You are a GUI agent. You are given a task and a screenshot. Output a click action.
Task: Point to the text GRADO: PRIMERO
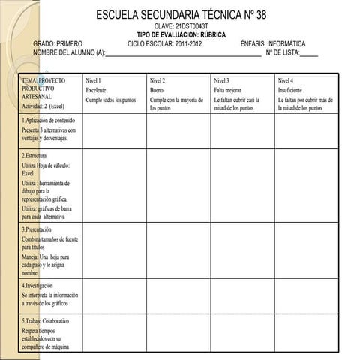point(58,44)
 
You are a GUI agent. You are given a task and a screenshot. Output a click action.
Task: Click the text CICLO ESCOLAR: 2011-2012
point(165,44)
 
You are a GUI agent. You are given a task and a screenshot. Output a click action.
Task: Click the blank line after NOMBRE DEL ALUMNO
point(184,53)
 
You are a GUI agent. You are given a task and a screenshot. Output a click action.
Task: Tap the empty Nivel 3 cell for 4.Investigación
point(241,296)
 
